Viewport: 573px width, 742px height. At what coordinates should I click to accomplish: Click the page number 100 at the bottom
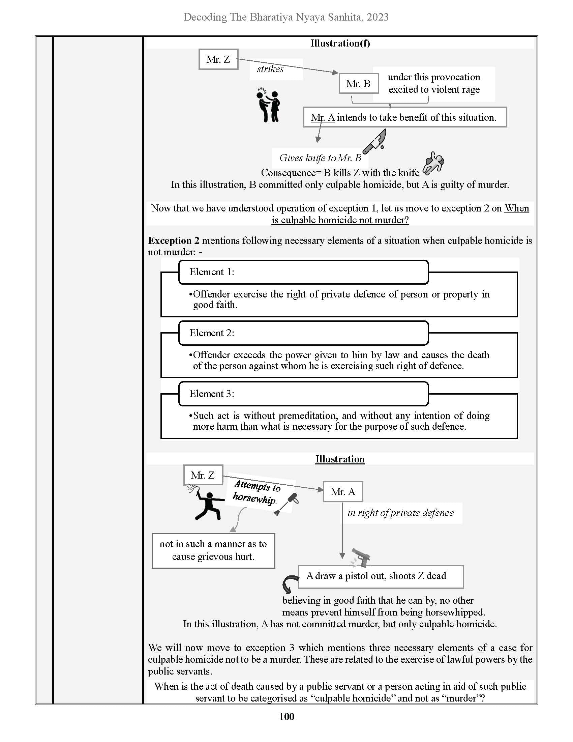(x=286, y=716)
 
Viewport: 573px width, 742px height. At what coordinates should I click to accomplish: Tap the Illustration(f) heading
(x=340, y=43)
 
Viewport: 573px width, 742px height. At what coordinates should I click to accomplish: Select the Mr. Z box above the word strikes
(x=218, y=59)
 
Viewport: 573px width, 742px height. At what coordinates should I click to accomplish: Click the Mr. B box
(x=359, y=84)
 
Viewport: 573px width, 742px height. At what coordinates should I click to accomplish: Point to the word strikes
(x=270, y=69)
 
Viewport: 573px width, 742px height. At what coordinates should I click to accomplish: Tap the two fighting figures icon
(x=269, y=105)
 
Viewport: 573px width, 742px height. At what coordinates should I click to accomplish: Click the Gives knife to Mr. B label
(x=320, y=158)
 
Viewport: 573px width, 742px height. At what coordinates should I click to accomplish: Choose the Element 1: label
(x=212, y=272)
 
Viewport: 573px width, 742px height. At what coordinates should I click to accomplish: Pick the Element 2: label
(x=212, y=333)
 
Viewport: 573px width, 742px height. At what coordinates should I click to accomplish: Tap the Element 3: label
(x=212, y=394)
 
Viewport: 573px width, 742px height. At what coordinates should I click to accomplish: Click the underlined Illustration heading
(x=340, y=459)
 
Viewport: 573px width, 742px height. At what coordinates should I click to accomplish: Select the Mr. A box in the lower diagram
(x=343, y=492)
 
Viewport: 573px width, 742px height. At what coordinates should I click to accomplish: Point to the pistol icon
(x=361, y=558)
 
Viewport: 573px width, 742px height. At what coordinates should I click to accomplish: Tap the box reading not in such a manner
(x=213, y=550)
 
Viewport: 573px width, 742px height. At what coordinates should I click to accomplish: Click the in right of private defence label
(x=400, y=513)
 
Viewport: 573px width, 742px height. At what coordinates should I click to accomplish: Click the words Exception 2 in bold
(x=174, y=240)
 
